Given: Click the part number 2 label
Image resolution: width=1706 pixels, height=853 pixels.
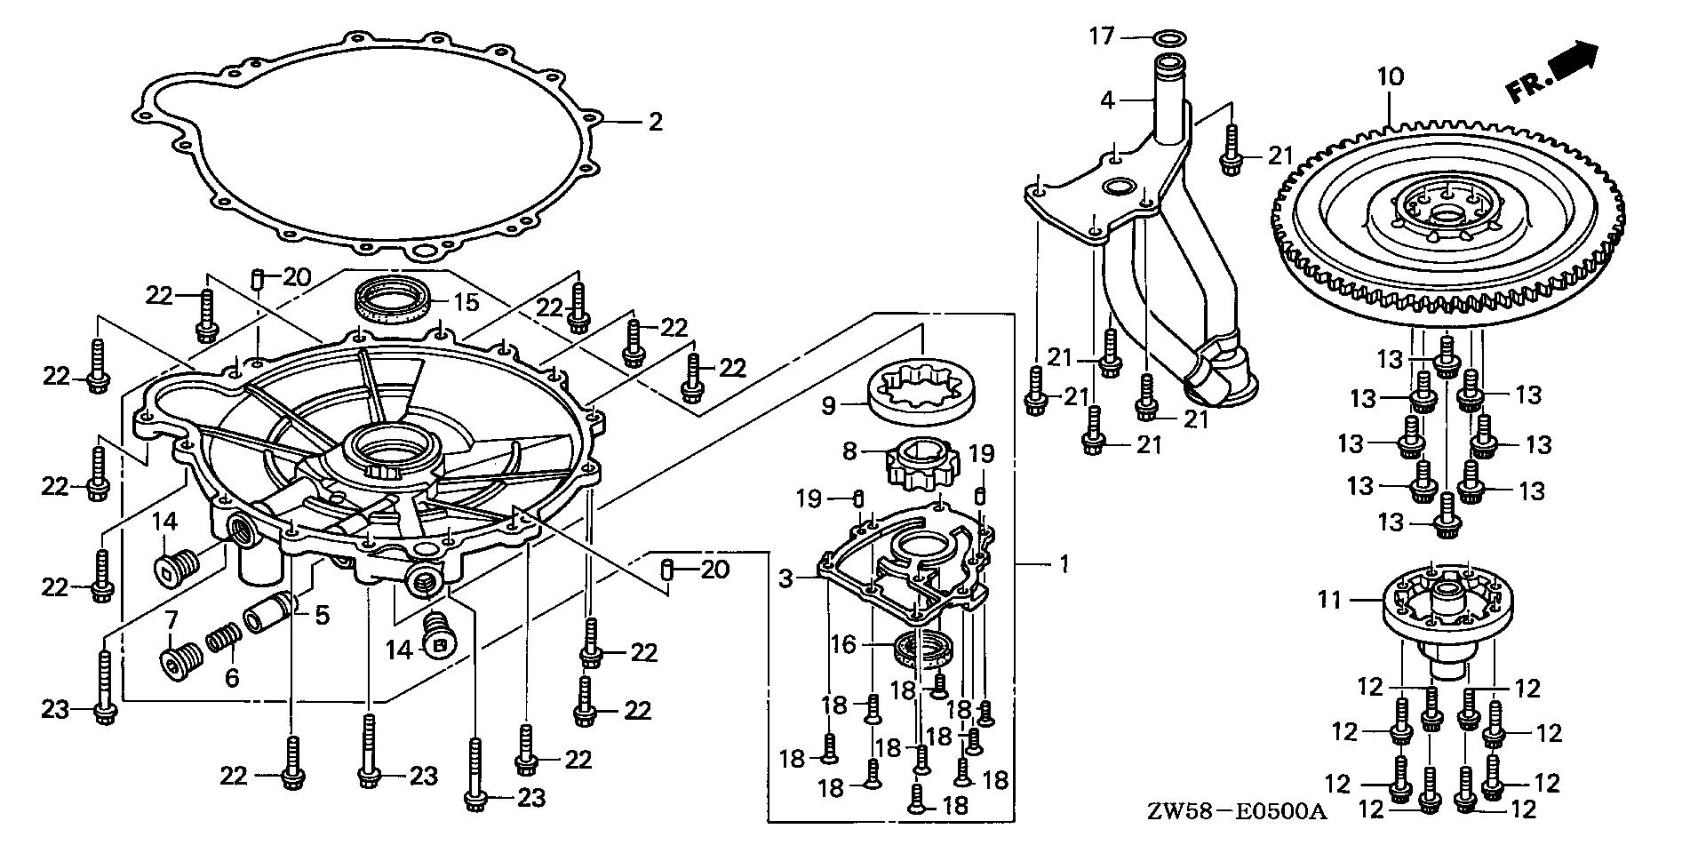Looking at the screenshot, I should tap(655, 121).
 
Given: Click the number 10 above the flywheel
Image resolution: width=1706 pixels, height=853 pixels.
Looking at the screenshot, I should tap(1391, 77).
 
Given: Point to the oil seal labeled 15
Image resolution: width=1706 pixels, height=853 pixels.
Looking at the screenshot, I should tap(392, 299).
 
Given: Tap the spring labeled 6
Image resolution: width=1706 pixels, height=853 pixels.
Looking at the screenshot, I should tap(223, 639).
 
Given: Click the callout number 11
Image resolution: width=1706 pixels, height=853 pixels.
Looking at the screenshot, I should tap(1329, 601).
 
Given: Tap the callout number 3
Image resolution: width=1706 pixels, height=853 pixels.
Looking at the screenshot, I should tap(785, 579).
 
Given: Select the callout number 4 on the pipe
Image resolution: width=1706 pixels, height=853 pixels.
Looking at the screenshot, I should tap(1106, 100).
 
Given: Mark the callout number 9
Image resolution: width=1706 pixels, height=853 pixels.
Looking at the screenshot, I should tap(828, 406).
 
